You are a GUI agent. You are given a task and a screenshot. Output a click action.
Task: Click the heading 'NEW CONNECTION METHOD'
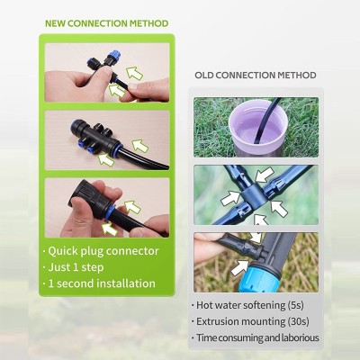coord(106,23)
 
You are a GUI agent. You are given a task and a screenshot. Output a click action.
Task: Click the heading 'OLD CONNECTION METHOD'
coord(256,75)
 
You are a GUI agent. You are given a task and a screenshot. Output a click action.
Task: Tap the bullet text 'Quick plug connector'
coord(103,251)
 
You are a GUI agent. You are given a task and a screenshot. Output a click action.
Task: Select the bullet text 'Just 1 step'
coord(76,267)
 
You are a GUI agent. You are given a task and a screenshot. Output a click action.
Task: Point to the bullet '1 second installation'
coord(102,283)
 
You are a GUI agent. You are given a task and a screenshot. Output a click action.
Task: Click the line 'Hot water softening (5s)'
coord(250,305)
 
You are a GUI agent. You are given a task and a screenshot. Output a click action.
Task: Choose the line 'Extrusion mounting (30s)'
coord(253,321)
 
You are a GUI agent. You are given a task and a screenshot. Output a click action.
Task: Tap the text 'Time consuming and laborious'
coord(257,337)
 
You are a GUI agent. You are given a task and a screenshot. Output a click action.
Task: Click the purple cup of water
coord(258,128)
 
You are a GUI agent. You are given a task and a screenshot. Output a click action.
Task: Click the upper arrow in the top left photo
coord(134,73)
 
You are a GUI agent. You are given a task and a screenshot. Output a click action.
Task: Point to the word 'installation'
coord(125,283)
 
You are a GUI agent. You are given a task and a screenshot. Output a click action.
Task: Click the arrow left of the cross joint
coord(230,198)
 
